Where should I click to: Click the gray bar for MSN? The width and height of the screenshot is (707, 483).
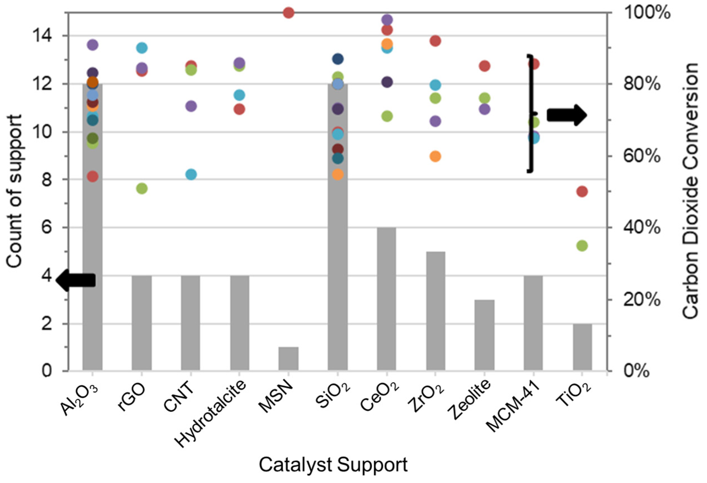tap(288, 359)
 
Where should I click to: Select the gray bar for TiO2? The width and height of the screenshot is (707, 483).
tap(582, 347)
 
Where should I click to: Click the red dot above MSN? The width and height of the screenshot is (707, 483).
tap(288, 13)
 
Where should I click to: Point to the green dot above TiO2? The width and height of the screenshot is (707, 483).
tap(582, 246)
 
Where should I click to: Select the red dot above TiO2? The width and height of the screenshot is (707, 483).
tap(582, 192)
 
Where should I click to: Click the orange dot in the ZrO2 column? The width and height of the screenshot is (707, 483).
tap(435, 157)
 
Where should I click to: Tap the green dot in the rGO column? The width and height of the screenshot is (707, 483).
tap(142, 188)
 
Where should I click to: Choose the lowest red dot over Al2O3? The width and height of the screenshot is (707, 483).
tap(93, 176)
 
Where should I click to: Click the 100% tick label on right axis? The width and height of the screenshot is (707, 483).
tap(647, 13)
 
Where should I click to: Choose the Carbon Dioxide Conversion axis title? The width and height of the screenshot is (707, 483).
tap(690, 191)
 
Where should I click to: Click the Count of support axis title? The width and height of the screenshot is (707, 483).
tap(14, 191)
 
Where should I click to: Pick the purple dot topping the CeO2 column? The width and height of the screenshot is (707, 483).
tap(387, 20)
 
